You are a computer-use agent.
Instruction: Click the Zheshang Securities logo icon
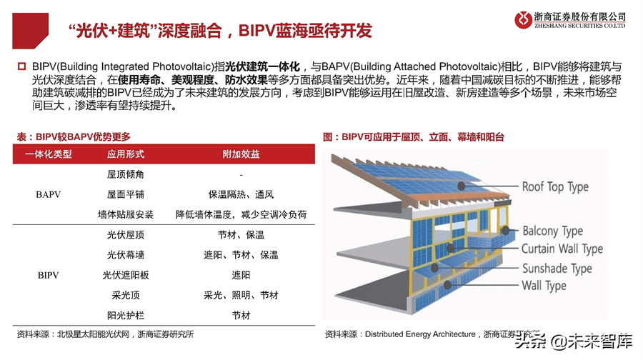coord(523,20)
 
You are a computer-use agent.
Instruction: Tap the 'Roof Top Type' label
coord(555,187)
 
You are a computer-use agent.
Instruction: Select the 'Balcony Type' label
coord(552,231)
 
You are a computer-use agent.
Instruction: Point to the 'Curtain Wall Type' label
coord(562,249)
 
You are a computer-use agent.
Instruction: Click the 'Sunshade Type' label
coord(557,269)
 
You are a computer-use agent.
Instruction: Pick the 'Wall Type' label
coord(544,286)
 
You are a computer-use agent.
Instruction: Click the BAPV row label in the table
coord(48,194)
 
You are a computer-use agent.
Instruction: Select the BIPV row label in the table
coord(48,275)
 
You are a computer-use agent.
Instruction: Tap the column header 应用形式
coord(126,154)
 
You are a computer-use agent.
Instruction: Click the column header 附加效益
coord(241,154)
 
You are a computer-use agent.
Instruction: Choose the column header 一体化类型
coord(49,154)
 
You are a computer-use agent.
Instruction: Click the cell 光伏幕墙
coord(126,255)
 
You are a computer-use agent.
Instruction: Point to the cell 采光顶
coord(126,295)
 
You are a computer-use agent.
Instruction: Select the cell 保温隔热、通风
coord(241,194)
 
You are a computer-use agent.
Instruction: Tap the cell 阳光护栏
coord(126,315)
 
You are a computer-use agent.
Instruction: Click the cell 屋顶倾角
coord(126,174)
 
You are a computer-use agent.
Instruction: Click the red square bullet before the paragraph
coord(21,66)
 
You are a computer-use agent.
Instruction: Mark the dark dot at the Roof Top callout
coord(462,186)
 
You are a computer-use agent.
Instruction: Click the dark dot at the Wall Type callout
coord(447,284)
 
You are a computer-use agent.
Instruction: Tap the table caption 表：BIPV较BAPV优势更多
coord(74,136)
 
